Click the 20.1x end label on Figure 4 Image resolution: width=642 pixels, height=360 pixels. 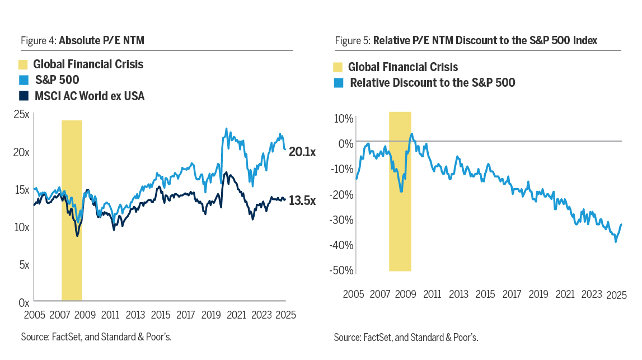pos(302,152)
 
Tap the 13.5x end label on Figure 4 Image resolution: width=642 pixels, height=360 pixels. pos(302,200)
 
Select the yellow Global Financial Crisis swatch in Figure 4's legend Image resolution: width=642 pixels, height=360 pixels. pos(23,64)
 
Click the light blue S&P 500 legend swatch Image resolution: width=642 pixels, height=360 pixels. pos(23,80)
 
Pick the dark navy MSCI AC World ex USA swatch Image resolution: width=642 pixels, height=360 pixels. pos(23,96)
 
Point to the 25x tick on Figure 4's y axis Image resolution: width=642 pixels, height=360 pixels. pos(22,115)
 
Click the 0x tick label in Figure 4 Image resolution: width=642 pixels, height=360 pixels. pos(24,302)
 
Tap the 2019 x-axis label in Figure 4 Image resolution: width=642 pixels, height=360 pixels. pos(212,315)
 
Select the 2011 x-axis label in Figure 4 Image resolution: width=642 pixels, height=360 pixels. pos(110,315)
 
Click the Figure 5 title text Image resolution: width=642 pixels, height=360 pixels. pos(485,40)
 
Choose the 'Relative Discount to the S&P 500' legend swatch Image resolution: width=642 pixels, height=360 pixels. pos(338,83)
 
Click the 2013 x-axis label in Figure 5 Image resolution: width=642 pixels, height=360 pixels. pos(458,294)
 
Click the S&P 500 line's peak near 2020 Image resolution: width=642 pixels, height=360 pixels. pos(226,128)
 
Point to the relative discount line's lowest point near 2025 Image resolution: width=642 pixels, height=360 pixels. pos(616,241)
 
